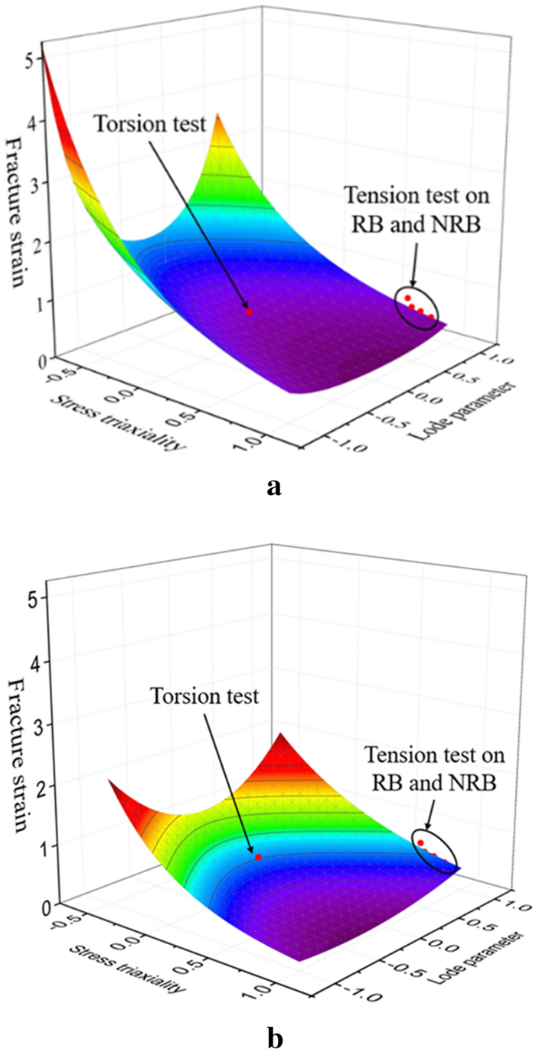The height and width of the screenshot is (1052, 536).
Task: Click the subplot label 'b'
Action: [273, 1018]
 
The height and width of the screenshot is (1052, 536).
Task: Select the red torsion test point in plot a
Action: [249, 312]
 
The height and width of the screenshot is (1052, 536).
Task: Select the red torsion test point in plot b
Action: [259, 857]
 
